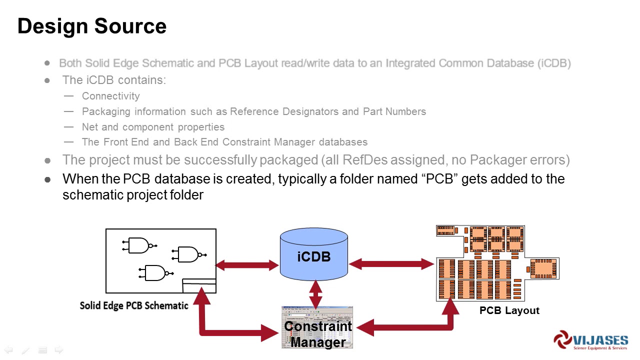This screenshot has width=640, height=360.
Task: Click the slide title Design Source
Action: pyautogui.click(x=92, y=26)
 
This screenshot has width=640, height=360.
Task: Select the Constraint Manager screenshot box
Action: pyautogui.click(x=317, y=327)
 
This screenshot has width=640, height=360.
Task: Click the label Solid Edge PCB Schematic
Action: pyautogui.click(x=134, y=305)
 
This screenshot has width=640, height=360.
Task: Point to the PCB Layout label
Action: pyautogui.click(x=509, y=310)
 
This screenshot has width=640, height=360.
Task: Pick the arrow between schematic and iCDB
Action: pyautogui.click(x=247, y=265)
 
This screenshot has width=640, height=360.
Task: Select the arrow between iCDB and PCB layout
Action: pyautogui.click(x=391, y=264)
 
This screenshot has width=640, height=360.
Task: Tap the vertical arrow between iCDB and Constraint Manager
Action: pyautogui.click(x=315, y=294)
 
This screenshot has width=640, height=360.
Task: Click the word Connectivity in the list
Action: pyautogui.click(x=110, y=96)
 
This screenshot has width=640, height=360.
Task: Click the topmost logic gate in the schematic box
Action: pyautogui.click(x=139, y=245)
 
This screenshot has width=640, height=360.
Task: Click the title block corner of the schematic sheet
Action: pyautogui.click(x=199, y=285)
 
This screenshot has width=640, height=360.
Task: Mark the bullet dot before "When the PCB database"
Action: pyautogui.click(x=47, y=179)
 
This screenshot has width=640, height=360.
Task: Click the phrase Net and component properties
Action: pyautogui.click(x=153, y=127)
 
